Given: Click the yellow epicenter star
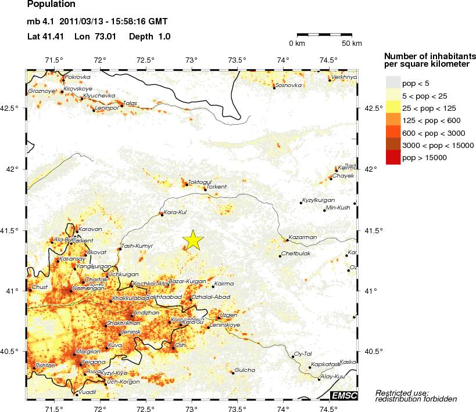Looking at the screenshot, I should pos(192,240).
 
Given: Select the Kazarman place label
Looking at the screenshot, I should pos(302,238).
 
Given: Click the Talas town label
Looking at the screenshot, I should pos(130,103).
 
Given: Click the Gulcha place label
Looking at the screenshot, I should pos(244,370).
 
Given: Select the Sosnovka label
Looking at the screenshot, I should pos(289,85).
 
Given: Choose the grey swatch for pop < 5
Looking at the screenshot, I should pos(393,84).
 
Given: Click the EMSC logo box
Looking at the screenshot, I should pos(344,396).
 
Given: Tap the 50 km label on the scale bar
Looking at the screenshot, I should pos(352,44).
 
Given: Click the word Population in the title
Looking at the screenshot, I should pos(51,5).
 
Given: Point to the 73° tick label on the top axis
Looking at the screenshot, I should pos(192,61).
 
